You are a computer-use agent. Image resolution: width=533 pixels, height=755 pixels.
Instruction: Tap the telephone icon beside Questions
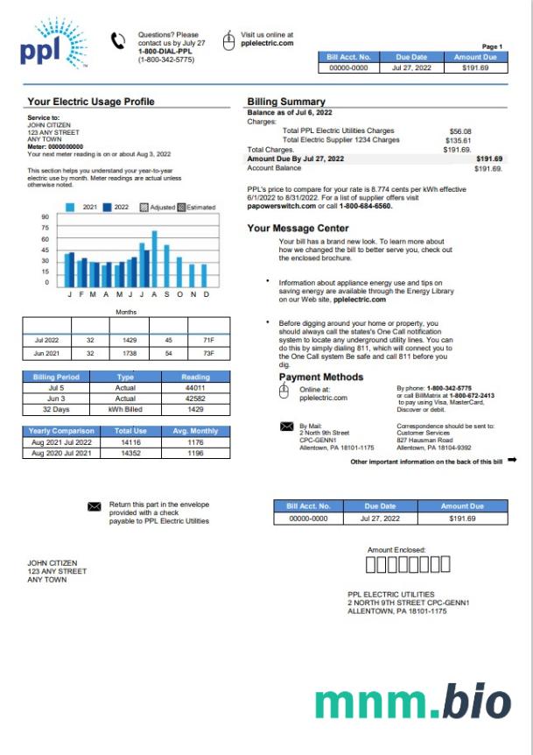coord(118,41)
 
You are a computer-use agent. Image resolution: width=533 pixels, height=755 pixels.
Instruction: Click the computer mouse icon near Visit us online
coord(229,41)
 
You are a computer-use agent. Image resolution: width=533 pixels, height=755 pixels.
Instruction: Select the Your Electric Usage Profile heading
coord(91,102)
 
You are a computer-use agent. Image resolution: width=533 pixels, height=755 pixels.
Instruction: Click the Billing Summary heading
coord(286,102)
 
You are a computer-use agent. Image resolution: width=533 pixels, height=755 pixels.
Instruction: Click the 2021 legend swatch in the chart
coord(72,208)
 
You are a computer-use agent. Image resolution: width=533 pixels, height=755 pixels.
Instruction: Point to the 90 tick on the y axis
coord(45,216)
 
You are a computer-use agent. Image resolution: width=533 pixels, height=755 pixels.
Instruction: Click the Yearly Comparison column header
coord(58,431)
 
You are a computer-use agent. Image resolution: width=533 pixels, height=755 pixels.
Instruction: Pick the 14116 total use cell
coord(130,442)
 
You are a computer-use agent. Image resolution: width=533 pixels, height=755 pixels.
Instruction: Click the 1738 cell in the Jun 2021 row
coord(130,353)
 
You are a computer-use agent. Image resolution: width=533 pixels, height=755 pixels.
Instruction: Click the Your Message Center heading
coord(298,229)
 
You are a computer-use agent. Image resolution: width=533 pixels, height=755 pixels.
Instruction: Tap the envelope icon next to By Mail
coord(286,426)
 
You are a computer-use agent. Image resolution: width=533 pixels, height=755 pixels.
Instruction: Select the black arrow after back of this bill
coord(512,460)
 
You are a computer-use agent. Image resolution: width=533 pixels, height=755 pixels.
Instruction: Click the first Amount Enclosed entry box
coord(369,564)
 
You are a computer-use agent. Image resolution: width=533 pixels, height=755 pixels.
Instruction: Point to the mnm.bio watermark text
coord(413,702)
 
